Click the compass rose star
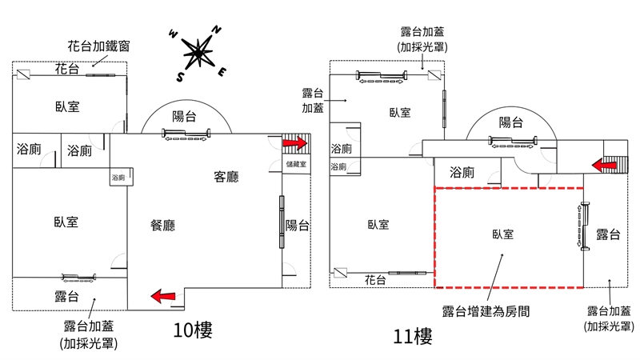(x=198, y=54)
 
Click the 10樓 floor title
(x=193, y=330)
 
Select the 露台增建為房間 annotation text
(x=486, y=310)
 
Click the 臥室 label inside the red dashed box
(x=502, y=234)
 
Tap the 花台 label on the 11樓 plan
(x=376, y=280)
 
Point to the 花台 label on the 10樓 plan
(x=67, y=70)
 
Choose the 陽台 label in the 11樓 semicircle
(x=511, y=122)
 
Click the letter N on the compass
(x=216, y=30)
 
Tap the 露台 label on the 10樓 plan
(x=66, y=297)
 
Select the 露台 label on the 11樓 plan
(x=608, y=234)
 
